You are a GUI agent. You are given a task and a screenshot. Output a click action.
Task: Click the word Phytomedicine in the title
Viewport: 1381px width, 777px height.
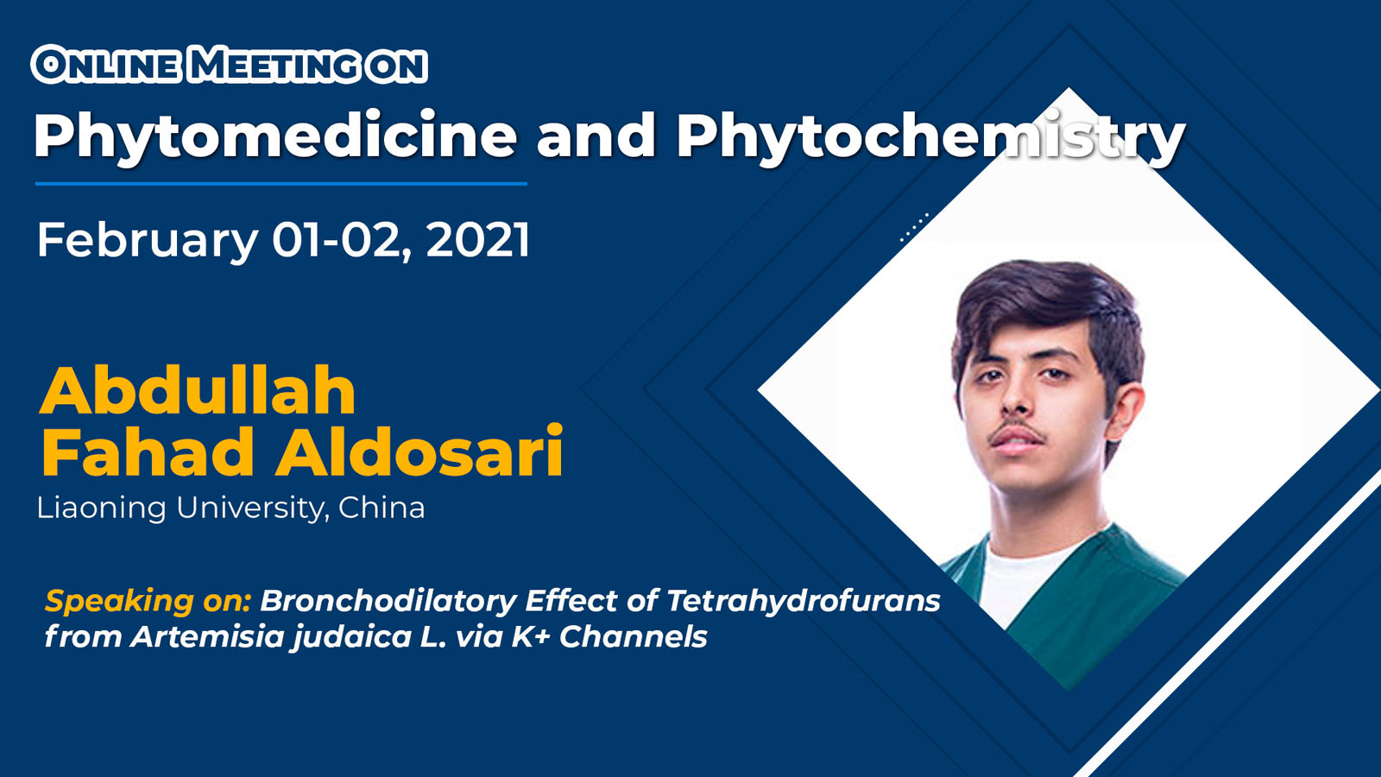pos(275,136)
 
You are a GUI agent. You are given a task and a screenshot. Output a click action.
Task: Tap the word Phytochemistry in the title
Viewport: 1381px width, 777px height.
pos(931,136)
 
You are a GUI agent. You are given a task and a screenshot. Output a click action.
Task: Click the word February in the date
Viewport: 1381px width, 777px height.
pos(148,241)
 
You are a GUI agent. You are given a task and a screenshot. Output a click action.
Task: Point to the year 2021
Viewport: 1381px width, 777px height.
pos(478,240)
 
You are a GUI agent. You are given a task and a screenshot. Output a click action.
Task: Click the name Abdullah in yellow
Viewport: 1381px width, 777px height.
pos(198,392)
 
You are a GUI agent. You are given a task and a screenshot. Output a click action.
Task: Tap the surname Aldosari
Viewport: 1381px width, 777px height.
pos(419,452)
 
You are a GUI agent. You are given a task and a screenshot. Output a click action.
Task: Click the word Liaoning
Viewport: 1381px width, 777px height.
pos(102,509)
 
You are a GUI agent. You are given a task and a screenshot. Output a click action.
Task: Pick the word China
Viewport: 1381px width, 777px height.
pos(382,508)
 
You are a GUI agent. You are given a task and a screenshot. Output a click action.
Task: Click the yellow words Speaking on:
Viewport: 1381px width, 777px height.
pos(148,601)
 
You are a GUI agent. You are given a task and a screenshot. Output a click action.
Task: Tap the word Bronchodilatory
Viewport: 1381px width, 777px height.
pos(388,601)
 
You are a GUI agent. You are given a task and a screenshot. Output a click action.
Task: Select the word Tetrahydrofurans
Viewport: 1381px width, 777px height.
pos(804,601)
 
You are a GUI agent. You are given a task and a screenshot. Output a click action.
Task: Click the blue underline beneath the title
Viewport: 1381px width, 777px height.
pos(281,183)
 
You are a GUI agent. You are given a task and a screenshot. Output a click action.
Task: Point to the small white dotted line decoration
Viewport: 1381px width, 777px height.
pos(914,227)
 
